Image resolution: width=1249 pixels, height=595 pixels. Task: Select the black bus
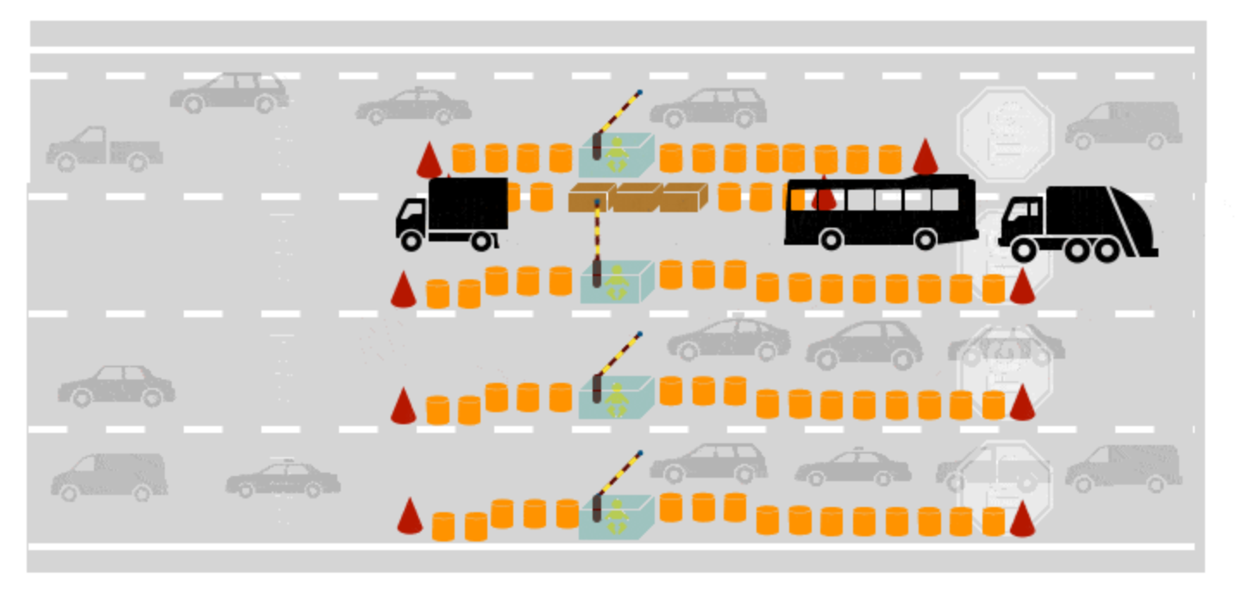(880, 211)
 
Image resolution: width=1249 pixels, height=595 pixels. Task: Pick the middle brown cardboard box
(638, 197)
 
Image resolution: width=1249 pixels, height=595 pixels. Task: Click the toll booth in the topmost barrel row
(615, 155)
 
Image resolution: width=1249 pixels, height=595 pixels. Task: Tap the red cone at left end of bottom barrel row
(410, 516)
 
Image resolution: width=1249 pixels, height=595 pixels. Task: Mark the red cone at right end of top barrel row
(926, 157)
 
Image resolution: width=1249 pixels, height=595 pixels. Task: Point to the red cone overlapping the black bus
(825, 193)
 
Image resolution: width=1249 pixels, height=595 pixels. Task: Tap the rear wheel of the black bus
(925, 239)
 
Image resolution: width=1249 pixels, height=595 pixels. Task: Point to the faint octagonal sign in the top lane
(1006, 134)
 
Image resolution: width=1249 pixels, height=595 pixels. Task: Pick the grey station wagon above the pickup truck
(229, 92)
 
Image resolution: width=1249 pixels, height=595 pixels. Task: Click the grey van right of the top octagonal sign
(1123, 125)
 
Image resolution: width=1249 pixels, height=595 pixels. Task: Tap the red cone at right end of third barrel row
(1022, 403)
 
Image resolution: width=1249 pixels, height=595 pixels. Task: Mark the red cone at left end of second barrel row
(403, 290)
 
